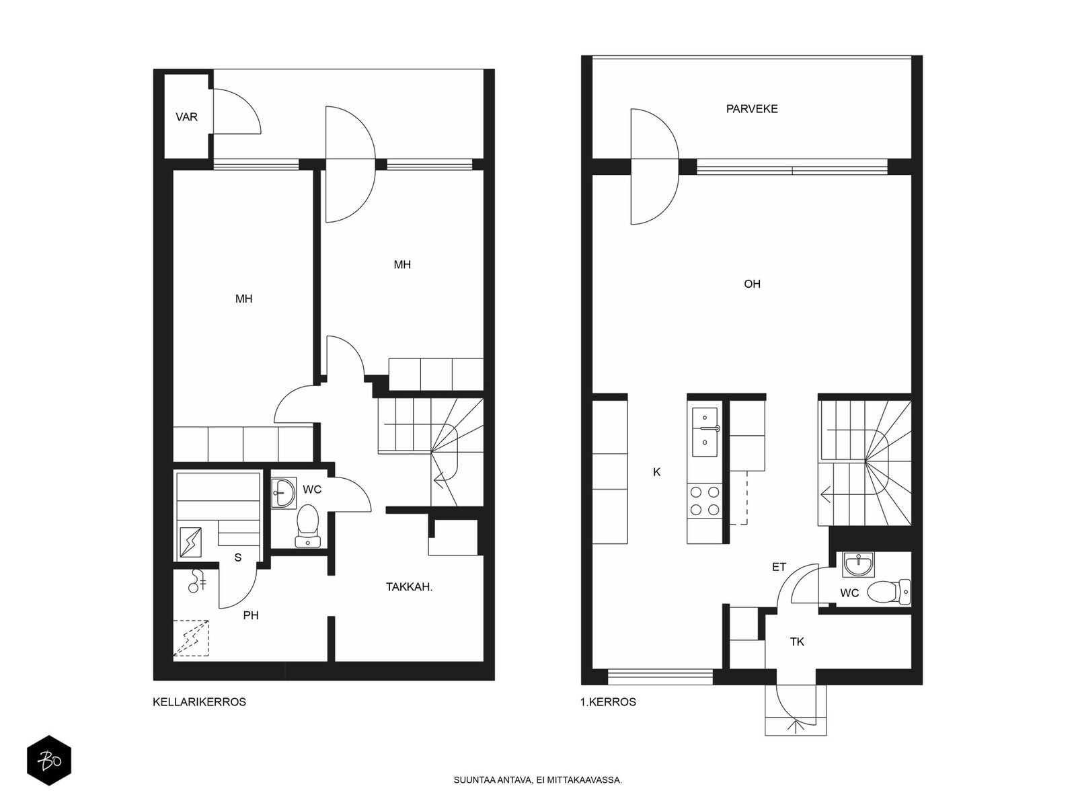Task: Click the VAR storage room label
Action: [x=186, y=117]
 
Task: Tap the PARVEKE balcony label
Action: [x=752, y=109]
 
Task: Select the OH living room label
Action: [x=752, y=284]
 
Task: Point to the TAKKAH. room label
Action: [x=409, y=586]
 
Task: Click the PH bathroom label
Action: [x=251, y=615]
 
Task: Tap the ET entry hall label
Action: [x=779, y=567]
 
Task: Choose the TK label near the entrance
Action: [x=797, y=642]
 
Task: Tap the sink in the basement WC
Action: [x=283, y=492]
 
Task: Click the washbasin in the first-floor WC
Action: [x=858, y=564]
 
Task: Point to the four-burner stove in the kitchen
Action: [x=704, y=501]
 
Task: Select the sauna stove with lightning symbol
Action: [x=190, y=542]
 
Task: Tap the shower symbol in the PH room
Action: [x=196, y=581]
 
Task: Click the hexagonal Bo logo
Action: [x=49, y=761]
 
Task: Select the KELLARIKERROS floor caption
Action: [x=199, y=702]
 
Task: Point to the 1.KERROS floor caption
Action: [x=608, y=702]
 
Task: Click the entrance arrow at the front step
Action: [x=796, y=726]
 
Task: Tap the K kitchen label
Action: [x=657, y=472]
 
